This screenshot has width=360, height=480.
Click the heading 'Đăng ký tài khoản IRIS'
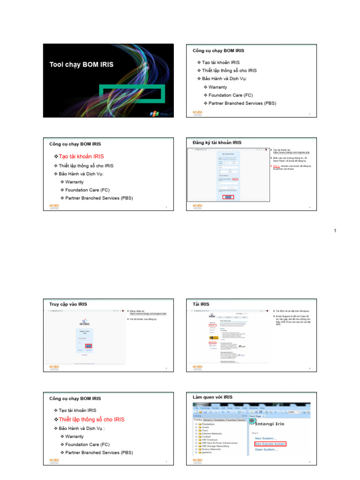[217, 142]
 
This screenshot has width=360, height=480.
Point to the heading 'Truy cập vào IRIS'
[68, 304]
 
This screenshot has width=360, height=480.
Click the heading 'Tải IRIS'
[201, 304]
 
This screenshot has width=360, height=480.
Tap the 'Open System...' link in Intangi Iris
[266, 450]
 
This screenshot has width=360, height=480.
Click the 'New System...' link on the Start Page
[265, 438]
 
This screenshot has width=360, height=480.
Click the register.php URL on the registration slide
[291, 153]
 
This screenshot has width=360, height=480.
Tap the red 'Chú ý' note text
[277, 165]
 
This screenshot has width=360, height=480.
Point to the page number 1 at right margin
[335, 231]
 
